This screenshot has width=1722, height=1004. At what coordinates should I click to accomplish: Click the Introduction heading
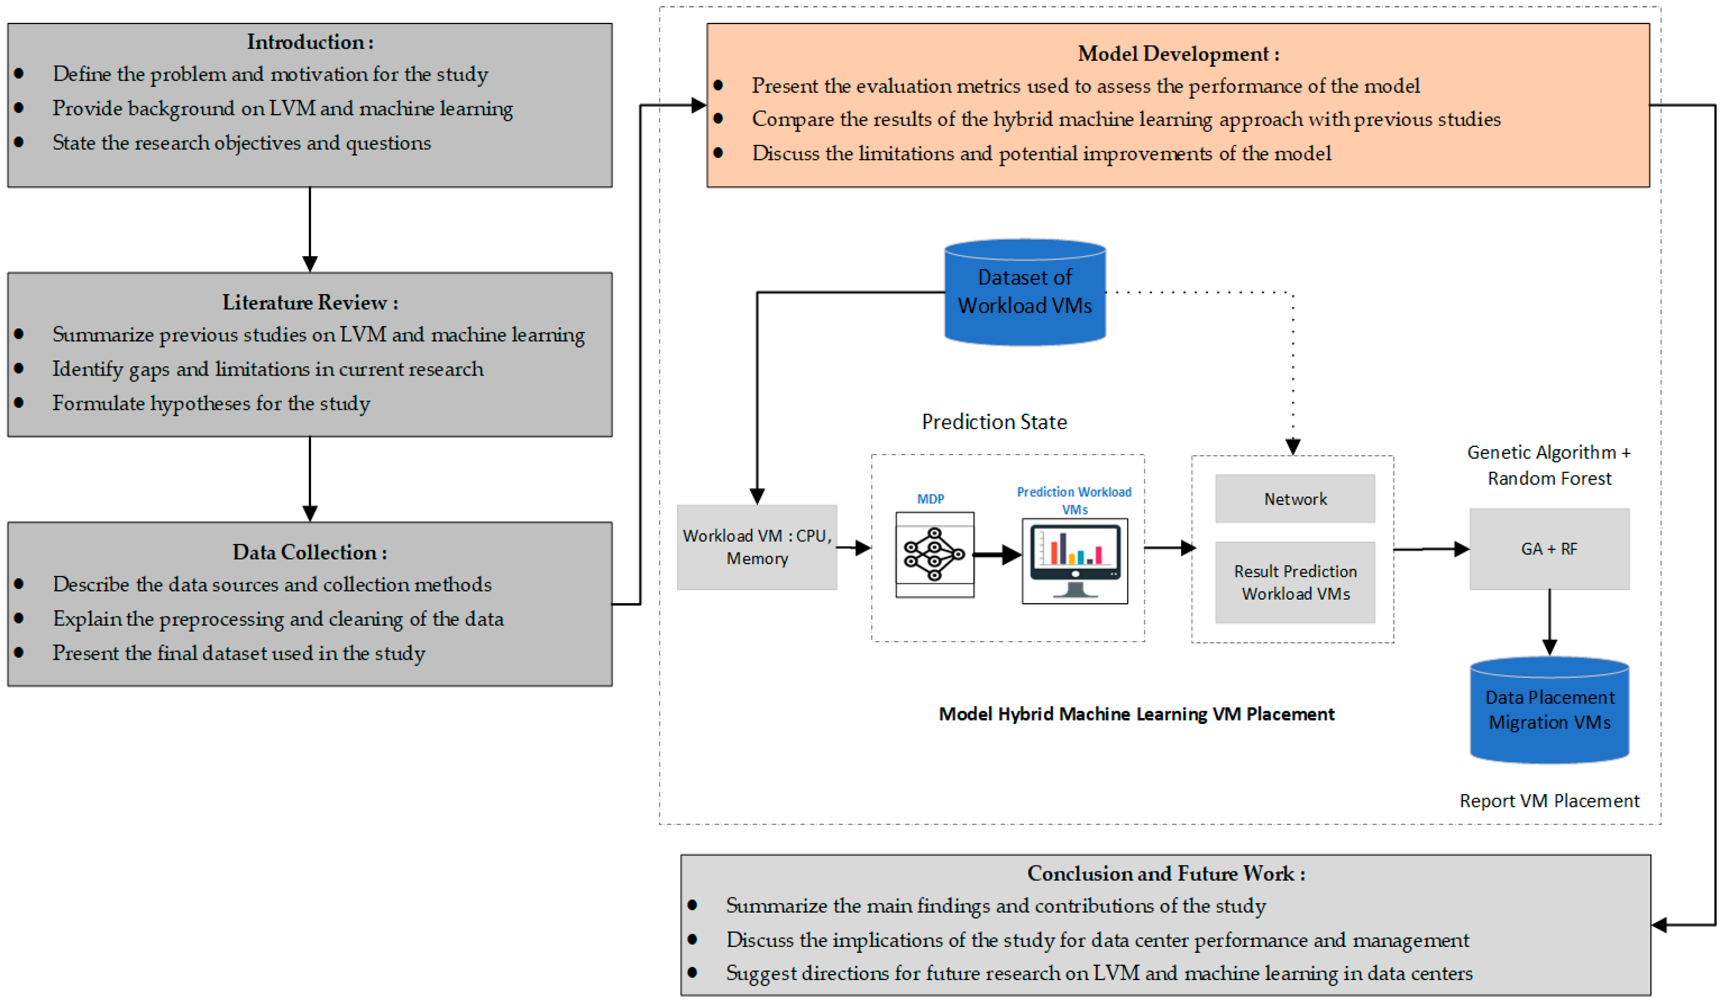point(310,43)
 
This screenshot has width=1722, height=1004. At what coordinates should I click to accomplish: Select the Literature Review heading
point(310,302)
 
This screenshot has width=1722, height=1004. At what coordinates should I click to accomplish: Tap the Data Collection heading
point(310,552)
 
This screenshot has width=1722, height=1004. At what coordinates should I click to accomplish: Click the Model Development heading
point(1178,54)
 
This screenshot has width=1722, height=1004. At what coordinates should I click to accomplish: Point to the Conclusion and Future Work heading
point(1166,874)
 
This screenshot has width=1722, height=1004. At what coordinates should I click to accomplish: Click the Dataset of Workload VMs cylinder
point(1024,292)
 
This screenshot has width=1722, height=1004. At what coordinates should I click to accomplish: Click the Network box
point(1295,499)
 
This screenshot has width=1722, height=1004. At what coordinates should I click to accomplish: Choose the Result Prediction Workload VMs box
point(1295,583)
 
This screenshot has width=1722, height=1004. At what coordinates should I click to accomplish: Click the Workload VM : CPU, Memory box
point(757,547)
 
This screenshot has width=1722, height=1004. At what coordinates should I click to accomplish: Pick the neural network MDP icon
point(934,555)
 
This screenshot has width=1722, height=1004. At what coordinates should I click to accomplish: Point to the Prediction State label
point(994,422)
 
